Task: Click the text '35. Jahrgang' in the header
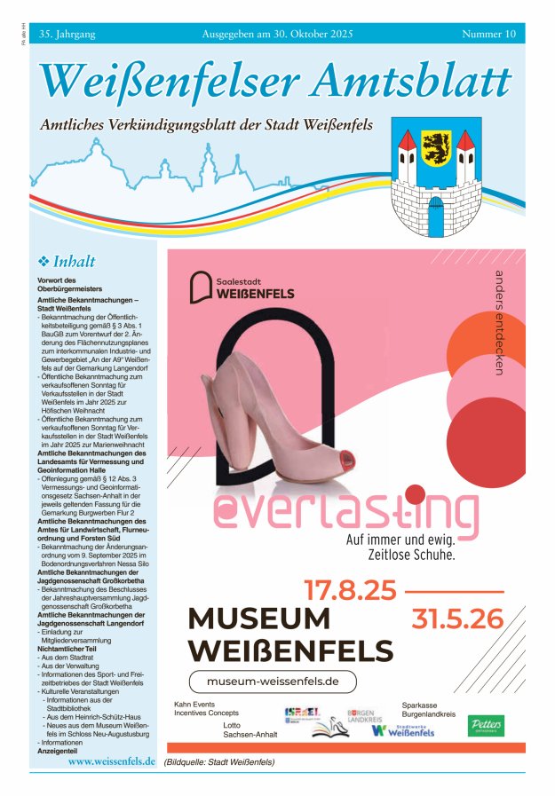67,34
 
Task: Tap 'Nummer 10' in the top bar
488,34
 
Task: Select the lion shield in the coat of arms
436,144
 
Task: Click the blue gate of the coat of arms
435,216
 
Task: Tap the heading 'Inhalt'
74,262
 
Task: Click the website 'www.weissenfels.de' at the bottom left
112,761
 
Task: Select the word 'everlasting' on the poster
344,512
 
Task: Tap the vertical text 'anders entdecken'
499,321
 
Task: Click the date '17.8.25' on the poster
350,589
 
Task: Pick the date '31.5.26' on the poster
456,619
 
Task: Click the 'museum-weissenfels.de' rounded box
273,682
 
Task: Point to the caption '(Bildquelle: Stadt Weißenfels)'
219,762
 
